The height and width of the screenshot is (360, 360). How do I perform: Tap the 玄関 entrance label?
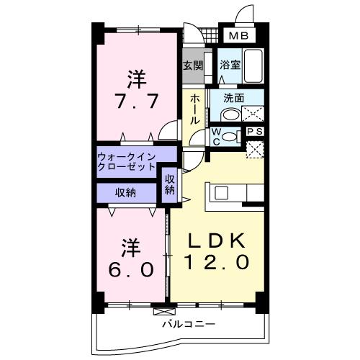click(x=192, y=65)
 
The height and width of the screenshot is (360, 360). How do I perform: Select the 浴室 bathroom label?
click(x=230, y=65)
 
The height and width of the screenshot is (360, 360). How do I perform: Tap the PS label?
click(x=255, y=132)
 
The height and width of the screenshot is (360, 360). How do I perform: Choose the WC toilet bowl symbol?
click(x=230, y=136)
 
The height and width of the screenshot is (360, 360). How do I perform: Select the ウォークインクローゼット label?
click(x=127, y=161)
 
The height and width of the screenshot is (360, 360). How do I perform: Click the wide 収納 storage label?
click(x=126, y=192)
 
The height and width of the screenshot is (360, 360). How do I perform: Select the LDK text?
click(x=217, y=240)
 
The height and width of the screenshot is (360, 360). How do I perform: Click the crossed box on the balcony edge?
click(x=164, y=311)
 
